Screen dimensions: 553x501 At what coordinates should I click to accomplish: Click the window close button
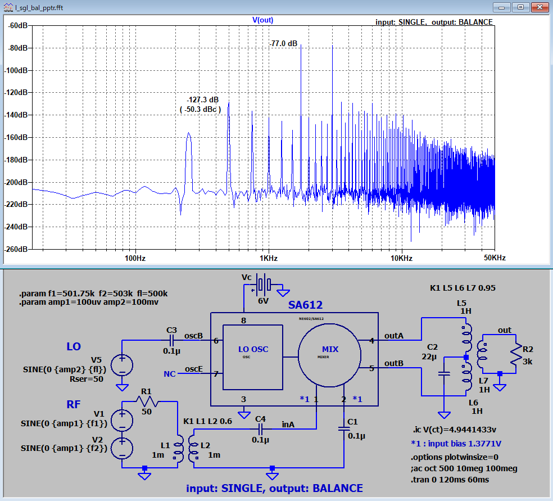[540, 7]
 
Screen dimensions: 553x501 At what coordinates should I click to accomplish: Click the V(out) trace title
[263, 20]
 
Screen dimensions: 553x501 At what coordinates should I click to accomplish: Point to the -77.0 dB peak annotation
[284, 44]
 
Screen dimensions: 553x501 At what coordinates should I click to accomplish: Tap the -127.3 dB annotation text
[203, 100]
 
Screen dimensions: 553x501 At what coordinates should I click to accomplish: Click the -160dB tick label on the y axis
[16, 137]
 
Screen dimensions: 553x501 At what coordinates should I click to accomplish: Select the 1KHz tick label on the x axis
[269, 258]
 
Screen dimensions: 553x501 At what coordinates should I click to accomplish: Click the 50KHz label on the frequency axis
[495, 258]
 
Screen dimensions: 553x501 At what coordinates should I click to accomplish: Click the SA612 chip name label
[305, 305]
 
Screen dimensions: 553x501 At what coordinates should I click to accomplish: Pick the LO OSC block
[253, 358]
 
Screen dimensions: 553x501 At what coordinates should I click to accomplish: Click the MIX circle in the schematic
[330, 355]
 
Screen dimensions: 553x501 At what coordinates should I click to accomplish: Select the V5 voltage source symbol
[122, 365]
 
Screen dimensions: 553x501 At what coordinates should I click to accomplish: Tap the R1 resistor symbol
[148, 401]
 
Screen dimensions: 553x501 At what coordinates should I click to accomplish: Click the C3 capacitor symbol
[171, 341]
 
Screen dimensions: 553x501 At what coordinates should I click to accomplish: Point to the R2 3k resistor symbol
[516, 355]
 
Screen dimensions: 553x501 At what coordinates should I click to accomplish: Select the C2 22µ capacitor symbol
[444, 373]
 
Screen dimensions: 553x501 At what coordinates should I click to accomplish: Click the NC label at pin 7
[170, 374]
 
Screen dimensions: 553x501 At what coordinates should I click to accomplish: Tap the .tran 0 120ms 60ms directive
[450, 480]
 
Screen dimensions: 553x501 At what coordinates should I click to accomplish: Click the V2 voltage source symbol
[122, 449]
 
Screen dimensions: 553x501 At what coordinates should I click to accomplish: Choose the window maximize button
[521, 7]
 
